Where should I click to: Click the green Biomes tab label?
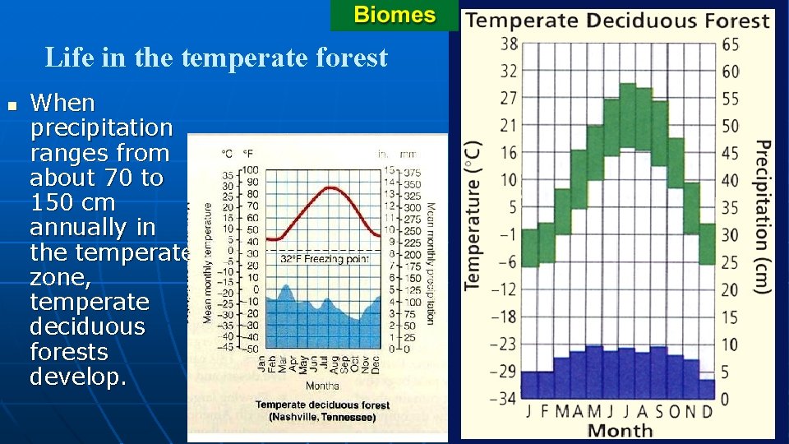394,15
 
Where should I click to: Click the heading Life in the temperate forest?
215,58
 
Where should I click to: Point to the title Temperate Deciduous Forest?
617,21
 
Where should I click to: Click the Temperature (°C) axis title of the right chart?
472,214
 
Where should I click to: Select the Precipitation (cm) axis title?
762,216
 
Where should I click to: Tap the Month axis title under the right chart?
620,430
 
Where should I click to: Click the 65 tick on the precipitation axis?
730,44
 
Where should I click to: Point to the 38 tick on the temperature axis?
509,44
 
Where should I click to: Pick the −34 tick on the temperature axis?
505,399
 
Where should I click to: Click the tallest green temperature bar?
628,115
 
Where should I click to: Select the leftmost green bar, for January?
530,247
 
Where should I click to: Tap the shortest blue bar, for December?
708,388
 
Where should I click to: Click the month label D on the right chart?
708,411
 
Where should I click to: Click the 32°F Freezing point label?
325,258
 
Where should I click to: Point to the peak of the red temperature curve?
330,187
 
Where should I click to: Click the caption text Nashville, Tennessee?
322,417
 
